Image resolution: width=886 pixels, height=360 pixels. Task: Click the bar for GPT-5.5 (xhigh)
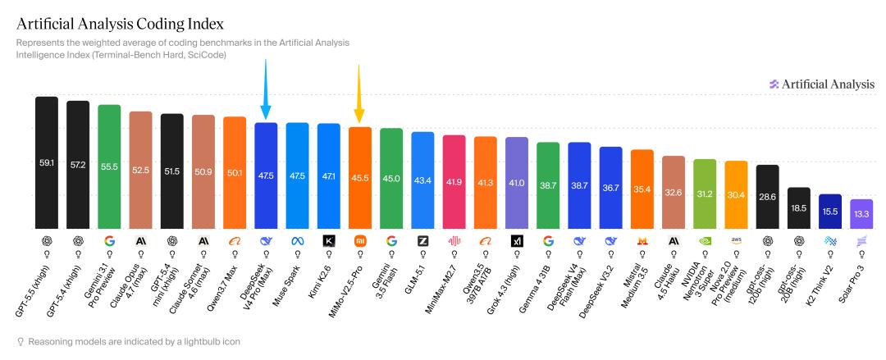coord(47,162)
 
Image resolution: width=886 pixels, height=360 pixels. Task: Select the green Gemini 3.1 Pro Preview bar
coord(109,166)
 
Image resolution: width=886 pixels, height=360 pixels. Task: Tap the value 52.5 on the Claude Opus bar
coord(141,170)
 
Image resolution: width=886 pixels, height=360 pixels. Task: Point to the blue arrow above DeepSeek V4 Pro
coord(266,89)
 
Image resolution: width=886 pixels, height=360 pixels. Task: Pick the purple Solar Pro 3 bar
coord(861,214)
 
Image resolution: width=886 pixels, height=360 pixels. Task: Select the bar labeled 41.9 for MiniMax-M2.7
coord(454,182)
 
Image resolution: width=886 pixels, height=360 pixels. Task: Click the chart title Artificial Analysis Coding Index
coord(121,25)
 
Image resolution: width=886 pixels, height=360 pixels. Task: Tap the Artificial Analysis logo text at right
coord(828,84)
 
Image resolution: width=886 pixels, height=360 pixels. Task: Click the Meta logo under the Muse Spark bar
coord(297,241)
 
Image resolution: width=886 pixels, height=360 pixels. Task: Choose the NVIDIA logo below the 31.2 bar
coord(705,241)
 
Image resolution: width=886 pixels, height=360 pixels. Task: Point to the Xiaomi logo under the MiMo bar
coord(360,241)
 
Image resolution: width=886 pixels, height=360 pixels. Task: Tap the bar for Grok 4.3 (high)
coord(517,183)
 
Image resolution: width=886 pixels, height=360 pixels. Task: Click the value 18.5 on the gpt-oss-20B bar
coord(799,208)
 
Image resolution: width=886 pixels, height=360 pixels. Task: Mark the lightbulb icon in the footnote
coord(21,342)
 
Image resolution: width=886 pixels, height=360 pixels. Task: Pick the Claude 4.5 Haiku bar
coord(674,192)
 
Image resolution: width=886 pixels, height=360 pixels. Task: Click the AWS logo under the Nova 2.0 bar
coord(736,240)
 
